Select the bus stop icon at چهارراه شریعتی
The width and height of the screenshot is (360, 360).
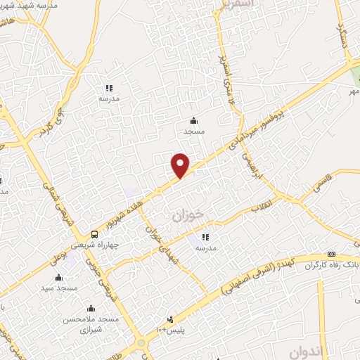coord(94,234)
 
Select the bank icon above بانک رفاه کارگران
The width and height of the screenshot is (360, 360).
coord(331,254)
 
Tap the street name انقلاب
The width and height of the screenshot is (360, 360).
coord(262,208)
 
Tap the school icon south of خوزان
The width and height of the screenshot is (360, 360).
coord(205,238)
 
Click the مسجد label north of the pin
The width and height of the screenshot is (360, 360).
coord(193,131)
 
